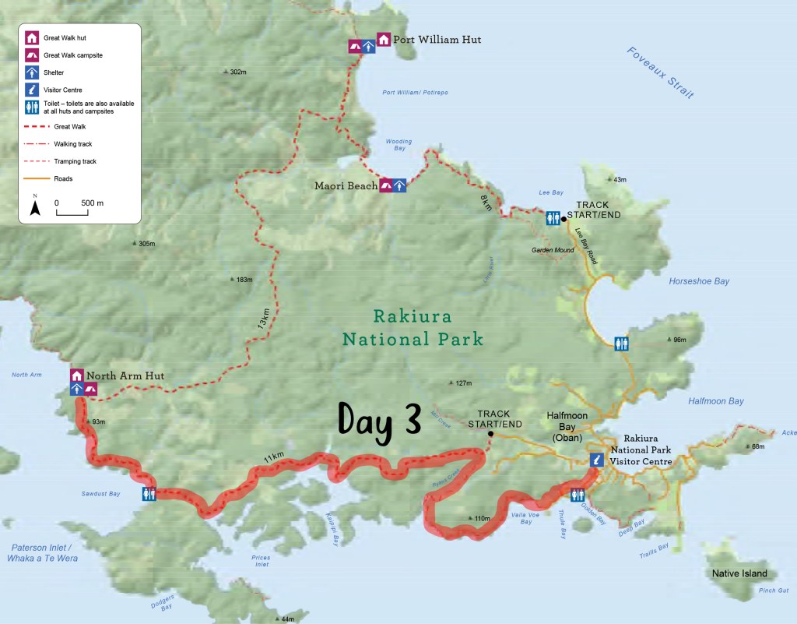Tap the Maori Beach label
346,185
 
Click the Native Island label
739,573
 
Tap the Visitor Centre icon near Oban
596,460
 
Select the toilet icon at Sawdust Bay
150,494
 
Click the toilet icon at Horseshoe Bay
621,344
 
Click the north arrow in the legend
34,206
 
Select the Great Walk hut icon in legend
32,37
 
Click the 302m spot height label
237,72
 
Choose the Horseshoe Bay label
699,281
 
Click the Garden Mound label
553,250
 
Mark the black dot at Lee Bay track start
564,219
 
